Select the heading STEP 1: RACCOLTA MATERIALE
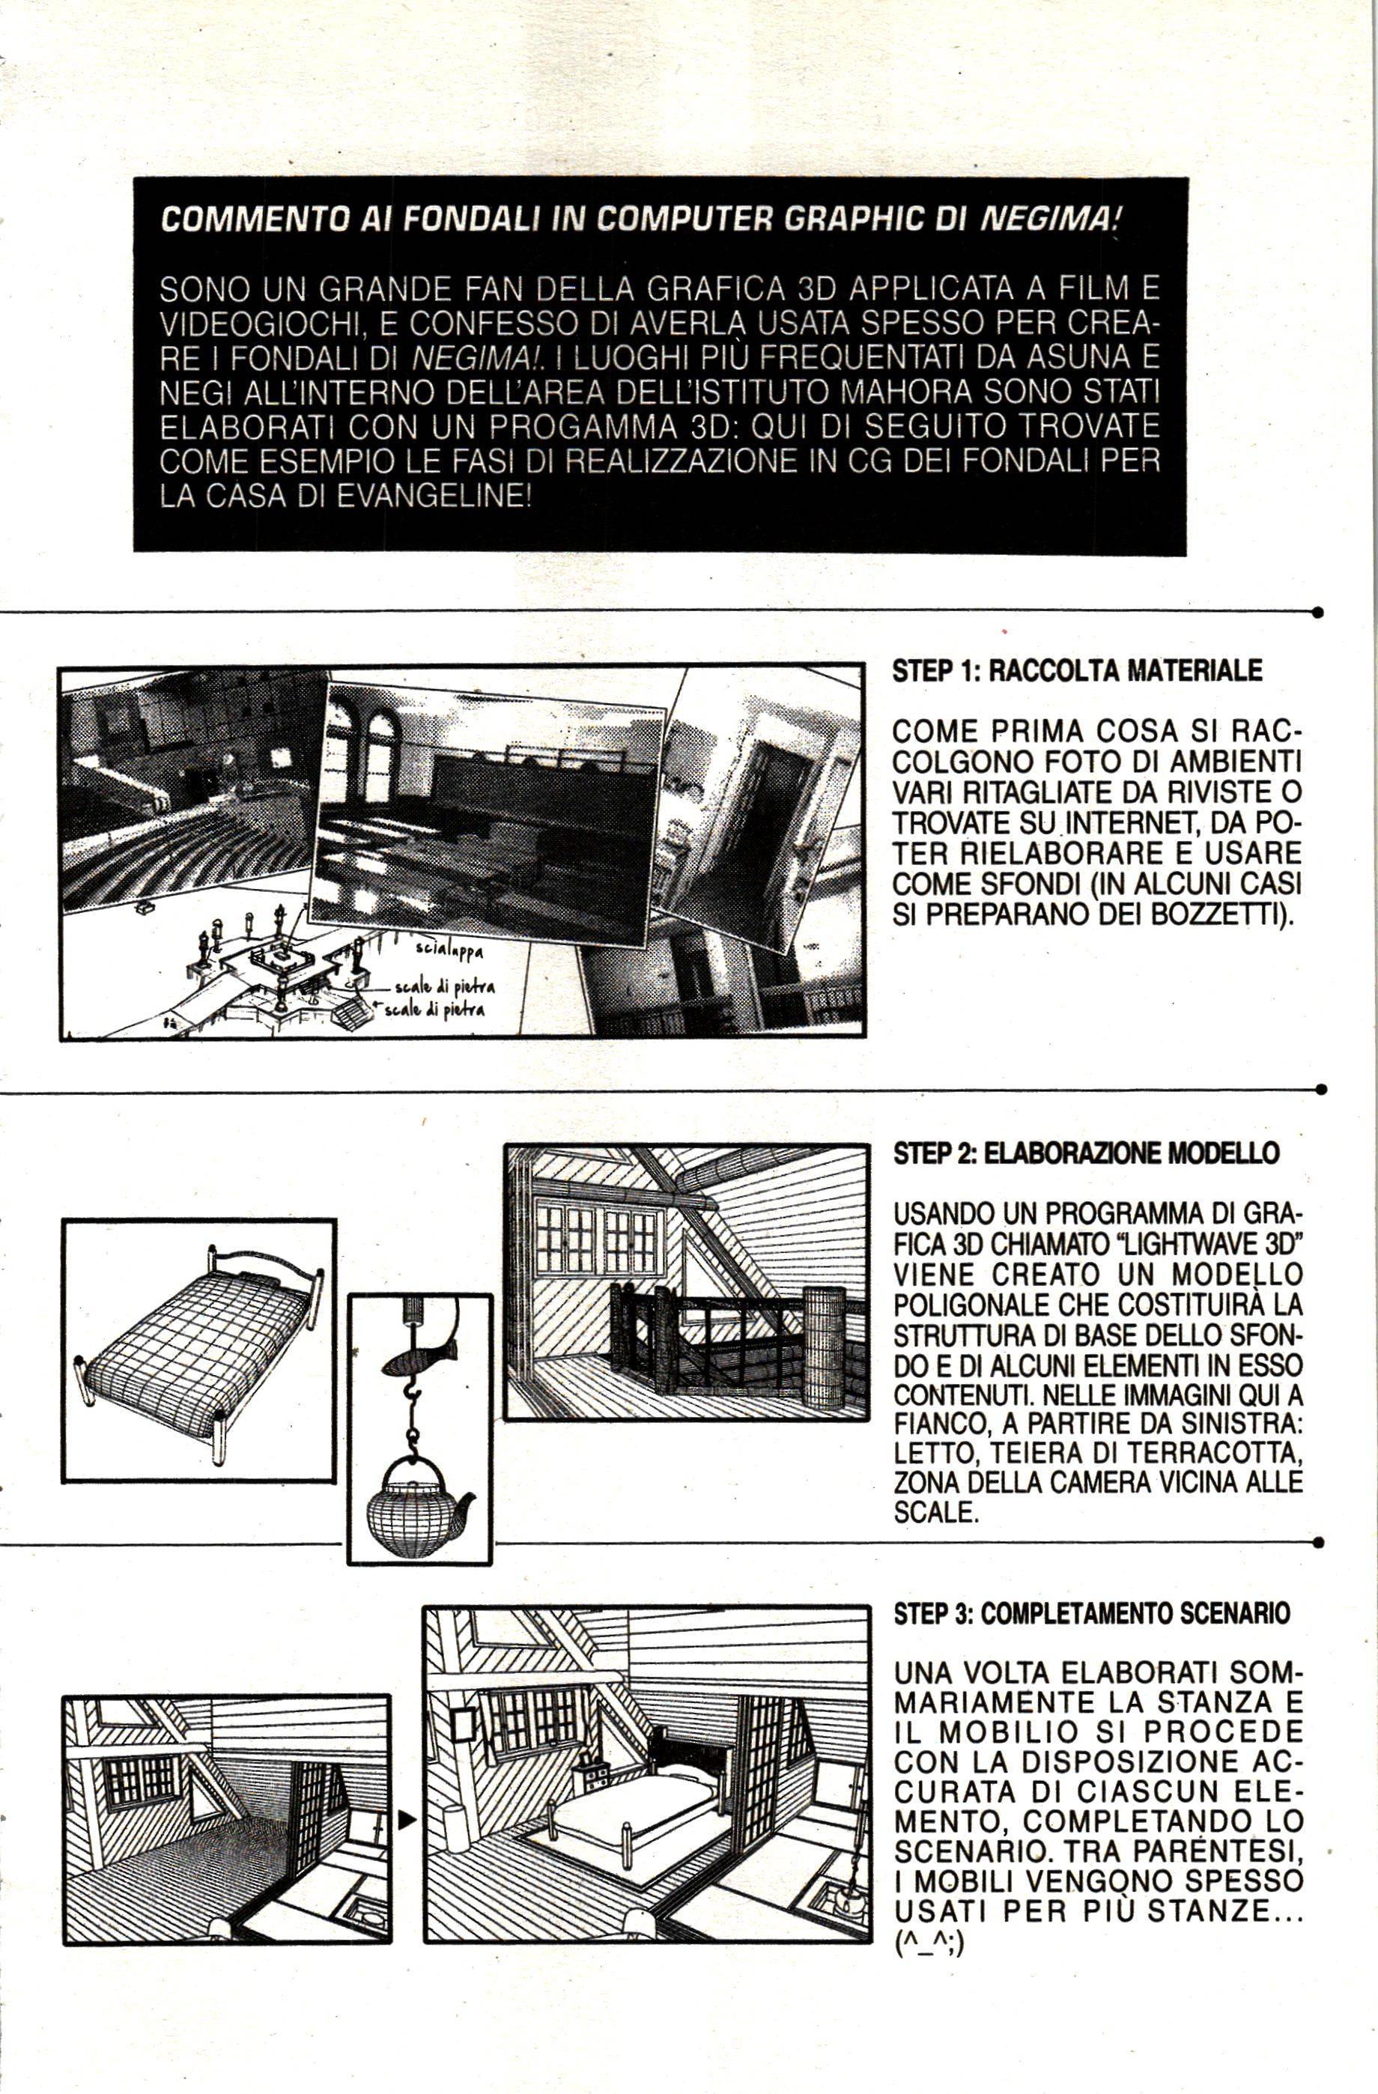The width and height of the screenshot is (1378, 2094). click(x=1077, y=670)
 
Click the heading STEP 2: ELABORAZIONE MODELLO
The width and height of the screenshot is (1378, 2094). click(x=1086, y=1153)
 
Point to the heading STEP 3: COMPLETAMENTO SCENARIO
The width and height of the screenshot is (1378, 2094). click(x=1092, y=1612)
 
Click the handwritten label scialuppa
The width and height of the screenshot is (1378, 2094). click(x=449, y=950)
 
